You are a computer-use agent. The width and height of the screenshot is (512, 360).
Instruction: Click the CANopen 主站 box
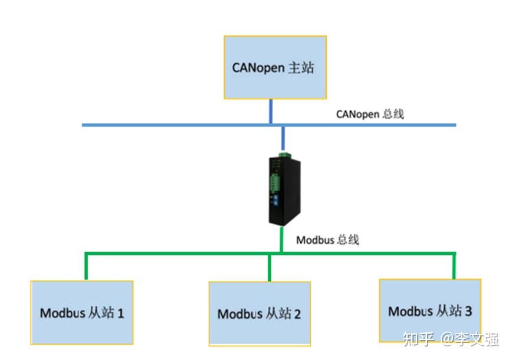click(275, 67)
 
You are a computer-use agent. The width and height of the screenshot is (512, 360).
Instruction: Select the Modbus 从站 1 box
click(82, 313)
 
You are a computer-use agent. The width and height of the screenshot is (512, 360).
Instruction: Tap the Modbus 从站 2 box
click(260, 313)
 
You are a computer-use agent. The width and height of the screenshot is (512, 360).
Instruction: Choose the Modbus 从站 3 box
click(430, 310)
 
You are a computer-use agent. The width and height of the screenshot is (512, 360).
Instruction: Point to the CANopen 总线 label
click(370, 114)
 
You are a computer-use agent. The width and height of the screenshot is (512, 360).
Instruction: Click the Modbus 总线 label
click(327, 240)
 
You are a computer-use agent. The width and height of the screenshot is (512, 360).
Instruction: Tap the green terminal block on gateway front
click(274, 181)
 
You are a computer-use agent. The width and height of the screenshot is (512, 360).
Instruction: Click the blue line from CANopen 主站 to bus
click(271, 112)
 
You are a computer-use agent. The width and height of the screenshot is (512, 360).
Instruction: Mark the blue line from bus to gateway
click(284, 139)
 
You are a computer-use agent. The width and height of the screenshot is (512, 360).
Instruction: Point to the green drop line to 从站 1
click(86, 267)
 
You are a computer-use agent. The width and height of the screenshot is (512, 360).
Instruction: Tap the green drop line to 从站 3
click(454, 266)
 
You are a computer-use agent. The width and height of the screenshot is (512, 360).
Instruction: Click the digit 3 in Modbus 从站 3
click(468, 310)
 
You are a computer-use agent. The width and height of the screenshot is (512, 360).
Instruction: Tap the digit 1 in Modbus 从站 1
click(121, 313)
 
